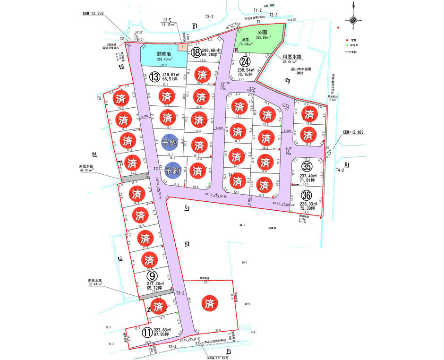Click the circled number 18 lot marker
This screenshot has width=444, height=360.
tap(197, 52)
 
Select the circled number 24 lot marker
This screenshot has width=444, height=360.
tap(245, 62)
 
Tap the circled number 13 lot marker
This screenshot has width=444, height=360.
tap(154, 77)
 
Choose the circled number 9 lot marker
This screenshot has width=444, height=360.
tap(151, 275)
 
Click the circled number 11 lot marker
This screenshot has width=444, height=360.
tap(147, 332)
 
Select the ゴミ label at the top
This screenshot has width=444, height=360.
tap(167, 20)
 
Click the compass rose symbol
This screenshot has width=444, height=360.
tap(353, 19)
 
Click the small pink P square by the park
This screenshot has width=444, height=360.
tap(236, 50)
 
